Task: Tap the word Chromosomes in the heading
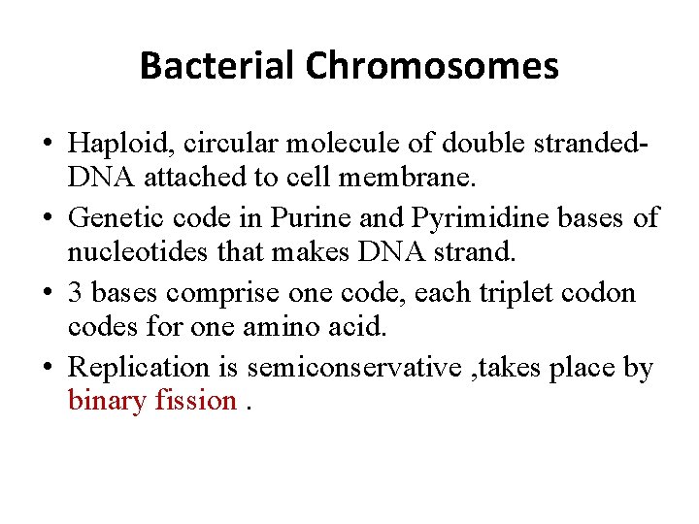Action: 432,66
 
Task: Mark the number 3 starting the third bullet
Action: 76,293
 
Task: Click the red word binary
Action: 107,400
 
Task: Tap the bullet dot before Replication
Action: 46,368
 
